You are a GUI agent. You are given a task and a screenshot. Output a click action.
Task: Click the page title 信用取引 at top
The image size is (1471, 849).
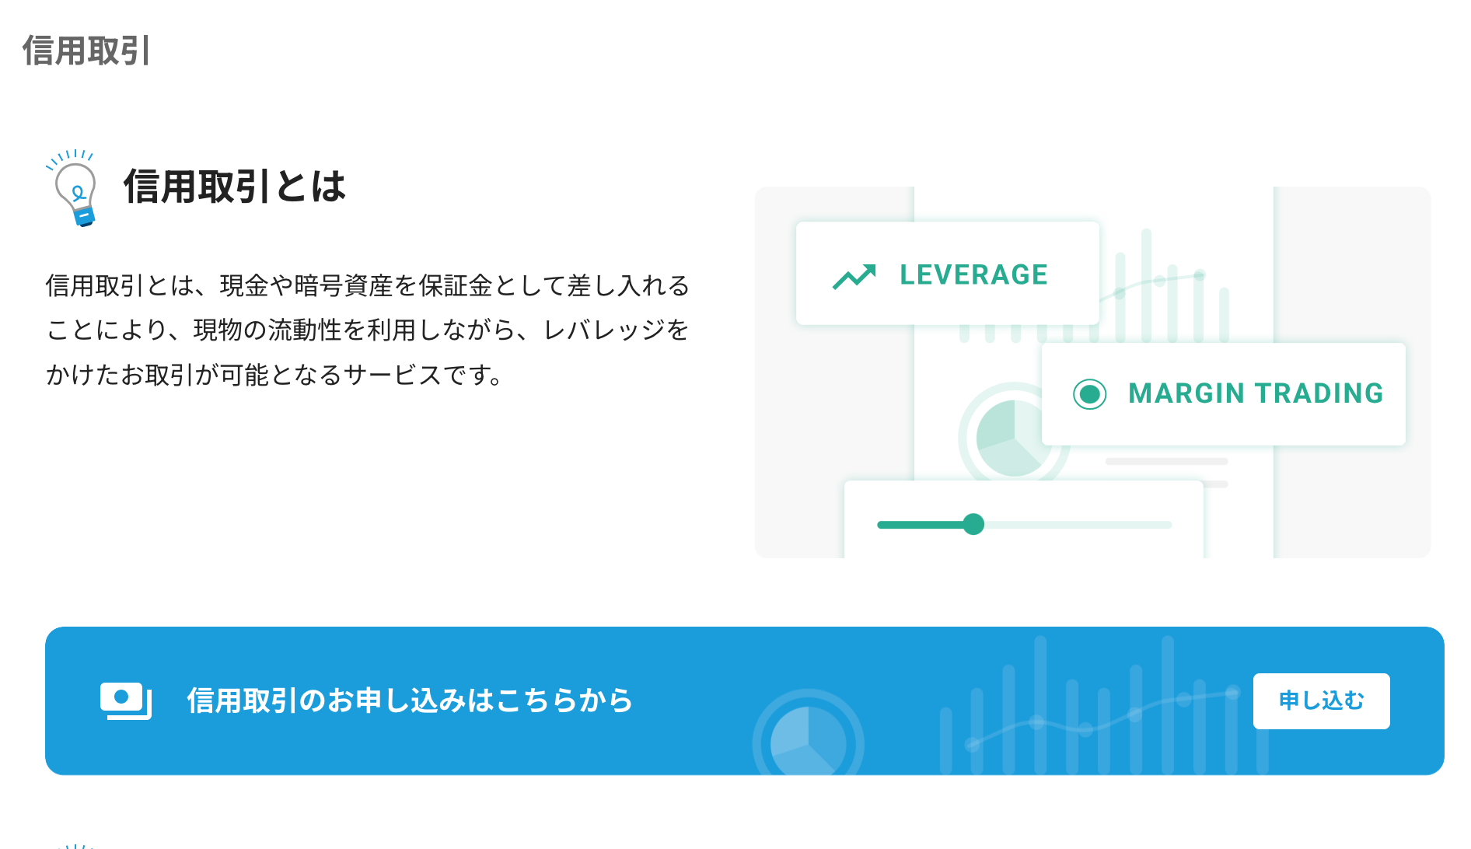[86, 51]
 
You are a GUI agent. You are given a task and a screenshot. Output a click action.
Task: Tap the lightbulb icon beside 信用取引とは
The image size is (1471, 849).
[74, 187]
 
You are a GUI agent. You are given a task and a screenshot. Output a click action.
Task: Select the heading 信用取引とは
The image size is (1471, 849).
[234, 187]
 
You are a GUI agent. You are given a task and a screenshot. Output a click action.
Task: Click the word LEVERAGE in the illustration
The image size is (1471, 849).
[973, 274]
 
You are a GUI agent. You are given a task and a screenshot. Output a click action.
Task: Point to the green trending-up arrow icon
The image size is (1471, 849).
[854, 276]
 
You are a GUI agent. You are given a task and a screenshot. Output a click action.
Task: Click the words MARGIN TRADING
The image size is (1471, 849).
[1256, 393]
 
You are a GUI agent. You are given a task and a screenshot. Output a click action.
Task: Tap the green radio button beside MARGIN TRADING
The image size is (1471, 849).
[1089, 394]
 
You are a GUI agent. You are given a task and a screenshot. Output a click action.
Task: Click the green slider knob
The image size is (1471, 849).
[973, 524]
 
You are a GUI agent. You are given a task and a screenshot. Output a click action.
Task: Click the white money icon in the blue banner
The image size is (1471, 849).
[125, 701]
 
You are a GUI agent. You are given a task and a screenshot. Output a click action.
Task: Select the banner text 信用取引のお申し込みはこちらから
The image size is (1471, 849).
[410, 701]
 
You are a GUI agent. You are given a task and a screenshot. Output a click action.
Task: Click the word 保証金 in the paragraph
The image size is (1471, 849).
[456, 286]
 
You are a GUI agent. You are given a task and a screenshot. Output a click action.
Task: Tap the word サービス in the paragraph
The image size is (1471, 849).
[393, 376]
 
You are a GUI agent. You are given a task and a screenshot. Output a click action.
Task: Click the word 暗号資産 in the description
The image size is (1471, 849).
[344, 286]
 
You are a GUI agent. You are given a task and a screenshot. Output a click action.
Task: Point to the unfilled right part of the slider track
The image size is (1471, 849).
[1078, 525]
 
